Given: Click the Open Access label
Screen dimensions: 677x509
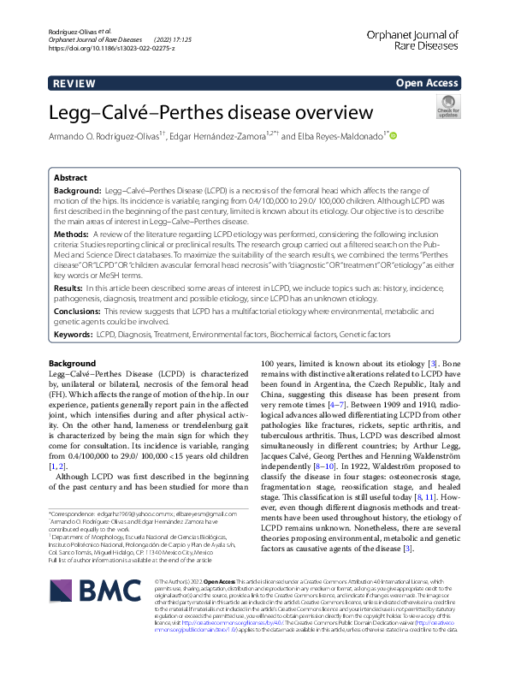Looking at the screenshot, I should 426,83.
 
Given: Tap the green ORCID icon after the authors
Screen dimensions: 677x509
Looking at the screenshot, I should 394,135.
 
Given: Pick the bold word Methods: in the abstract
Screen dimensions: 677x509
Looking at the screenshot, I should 76,232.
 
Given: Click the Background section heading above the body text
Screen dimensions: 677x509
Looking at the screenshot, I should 73,363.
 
